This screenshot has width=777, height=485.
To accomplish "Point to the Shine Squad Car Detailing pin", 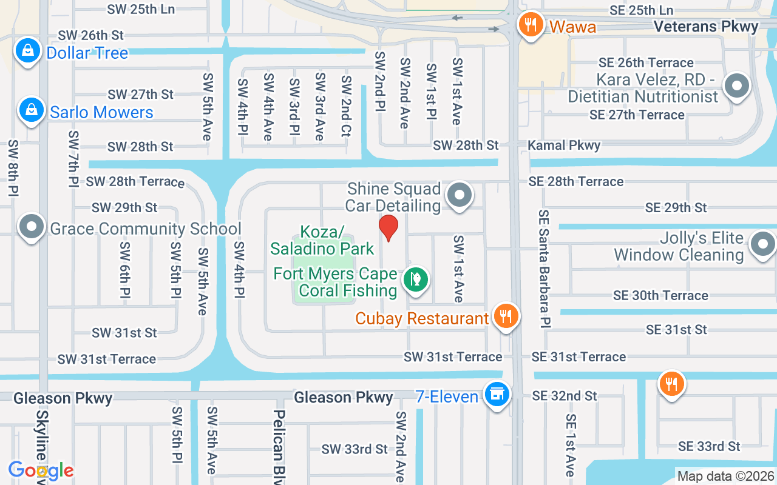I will pos(460,196).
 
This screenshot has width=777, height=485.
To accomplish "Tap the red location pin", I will pos(388,228).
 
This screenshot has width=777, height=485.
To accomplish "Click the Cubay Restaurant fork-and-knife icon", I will pos(505,316).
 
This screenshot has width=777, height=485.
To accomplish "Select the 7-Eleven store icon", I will pos(497,394).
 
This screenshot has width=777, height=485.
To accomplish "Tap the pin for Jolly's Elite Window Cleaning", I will pos(762,244).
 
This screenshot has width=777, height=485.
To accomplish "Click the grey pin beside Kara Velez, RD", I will pos(737,86).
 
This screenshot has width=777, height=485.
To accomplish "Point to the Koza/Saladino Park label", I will pos(322,240).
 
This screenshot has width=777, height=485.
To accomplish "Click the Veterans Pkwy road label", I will pos(707,27).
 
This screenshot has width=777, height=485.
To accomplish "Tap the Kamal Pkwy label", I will pos(564,145).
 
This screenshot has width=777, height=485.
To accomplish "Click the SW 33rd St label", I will pos(355,449).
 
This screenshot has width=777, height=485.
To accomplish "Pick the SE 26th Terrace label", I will pos(646,62).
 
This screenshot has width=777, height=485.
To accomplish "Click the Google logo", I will pos(41,470).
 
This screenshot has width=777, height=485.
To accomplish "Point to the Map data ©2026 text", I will pos(725,477).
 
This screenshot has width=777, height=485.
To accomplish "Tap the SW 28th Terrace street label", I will pos(135,181).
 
